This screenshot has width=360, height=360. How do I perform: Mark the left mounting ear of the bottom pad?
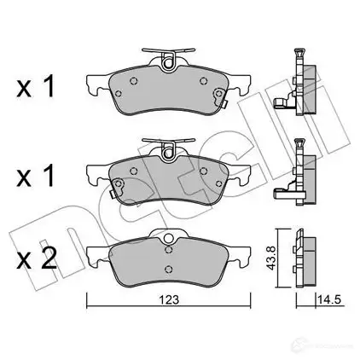(95, 253)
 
